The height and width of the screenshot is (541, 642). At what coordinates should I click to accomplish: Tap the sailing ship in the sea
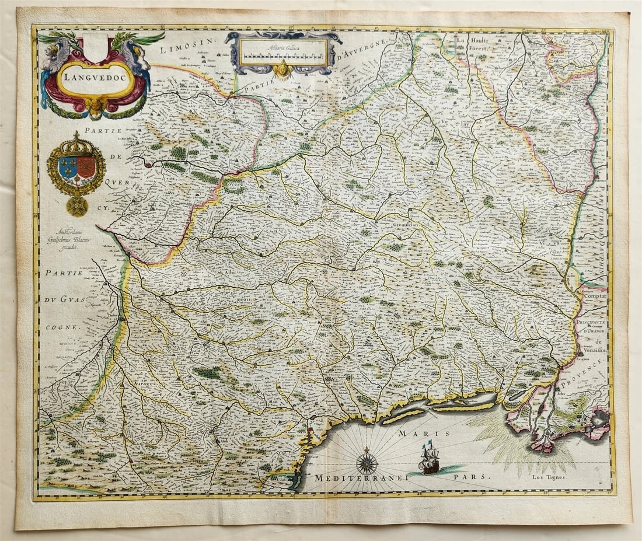(x=429, y=459)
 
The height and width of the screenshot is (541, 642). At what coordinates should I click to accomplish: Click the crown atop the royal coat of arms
(x=76, y=143)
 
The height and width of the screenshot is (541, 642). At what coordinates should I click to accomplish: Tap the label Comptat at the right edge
(x=594, y=296)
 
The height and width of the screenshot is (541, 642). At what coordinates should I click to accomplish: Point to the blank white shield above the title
(x=96, y=47)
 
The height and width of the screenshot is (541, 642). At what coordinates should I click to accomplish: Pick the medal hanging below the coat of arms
(x=76, y=205)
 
